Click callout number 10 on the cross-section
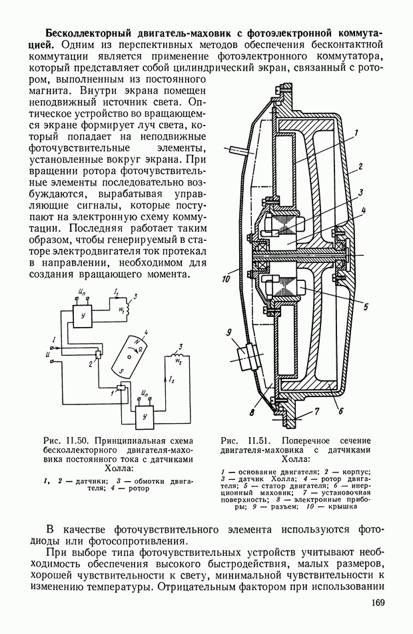click(226, 278)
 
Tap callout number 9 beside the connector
click(229, 332)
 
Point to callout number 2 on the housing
click(360, 166)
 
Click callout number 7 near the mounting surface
click(341, 411)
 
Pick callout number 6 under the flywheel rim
click(317, 412)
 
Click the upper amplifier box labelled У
click(83, 316)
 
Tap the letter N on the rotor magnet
click(137, 342)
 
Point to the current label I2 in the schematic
click(172, 379)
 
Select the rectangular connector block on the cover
click(249, 356)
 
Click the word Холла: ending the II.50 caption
click(119, 468)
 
